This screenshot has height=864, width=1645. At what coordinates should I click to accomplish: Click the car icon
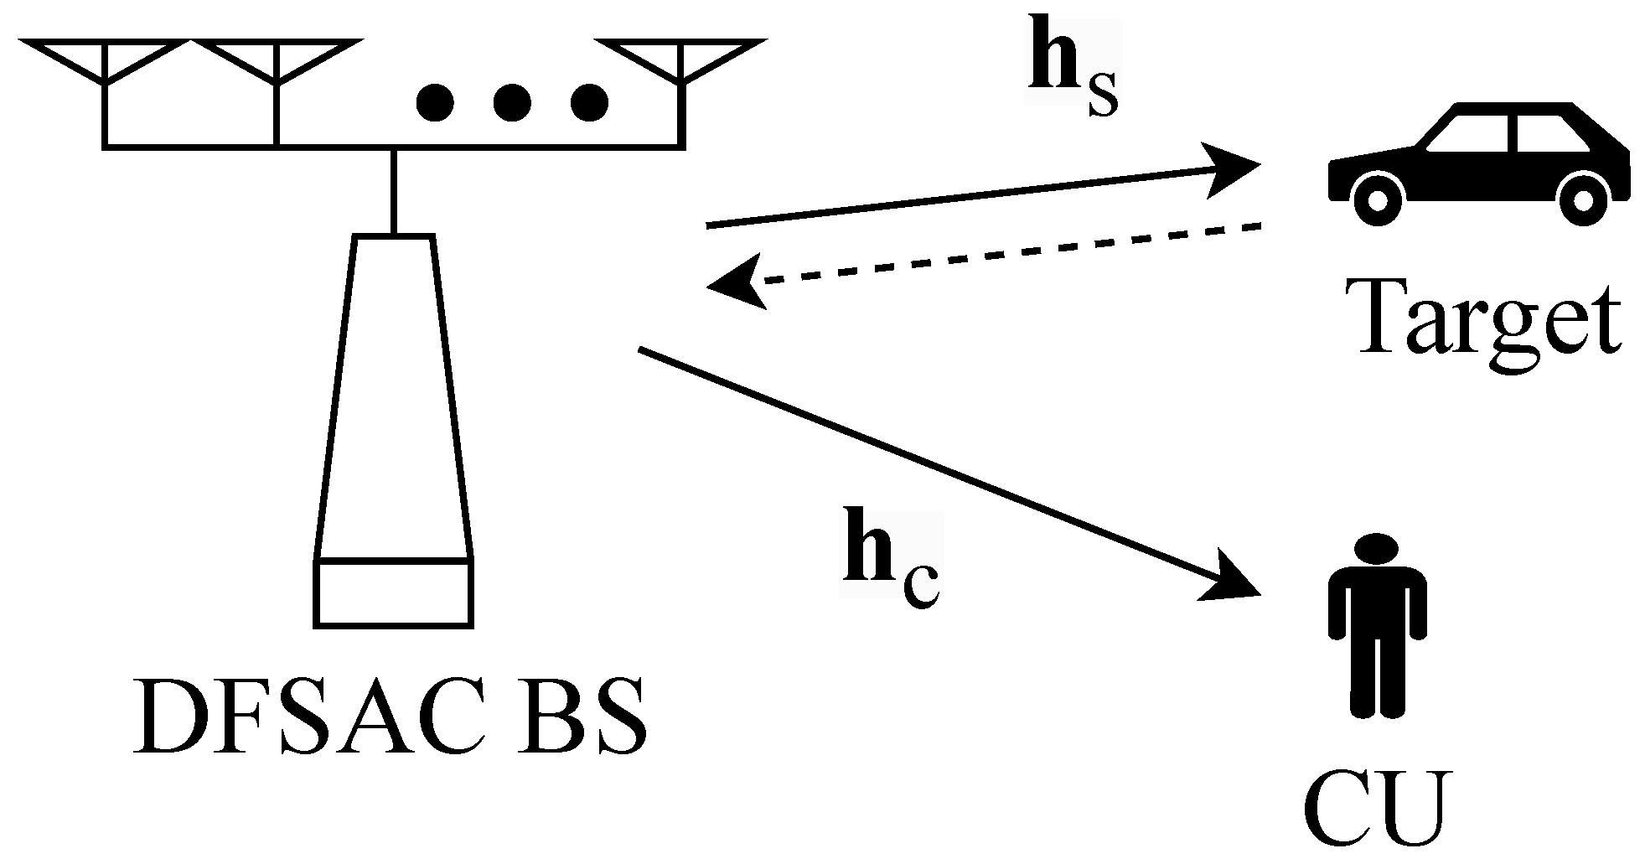point(1479,163)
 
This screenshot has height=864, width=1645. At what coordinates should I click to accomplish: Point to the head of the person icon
point(1377,551)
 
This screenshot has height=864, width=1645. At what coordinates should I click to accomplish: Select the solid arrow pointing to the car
point(980,194)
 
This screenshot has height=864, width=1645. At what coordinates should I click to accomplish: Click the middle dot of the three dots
point(512,103)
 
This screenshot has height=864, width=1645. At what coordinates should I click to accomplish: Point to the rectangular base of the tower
point(394,592)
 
